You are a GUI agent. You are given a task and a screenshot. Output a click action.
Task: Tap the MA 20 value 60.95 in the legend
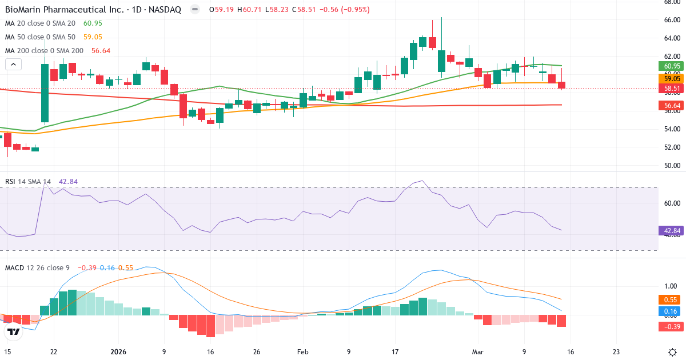[x=93, y=23]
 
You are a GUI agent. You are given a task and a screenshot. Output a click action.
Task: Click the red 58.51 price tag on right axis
[x=672, y=89]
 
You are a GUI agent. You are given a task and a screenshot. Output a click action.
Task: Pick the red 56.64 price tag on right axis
[x=672, y=106]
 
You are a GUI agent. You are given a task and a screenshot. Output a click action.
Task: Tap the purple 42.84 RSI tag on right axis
[x=672, y=231]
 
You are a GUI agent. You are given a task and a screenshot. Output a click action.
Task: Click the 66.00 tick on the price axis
[x=671, y=20]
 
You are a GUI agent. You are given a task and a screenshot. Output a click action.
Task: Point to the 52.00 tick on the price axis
[x=671, y=147]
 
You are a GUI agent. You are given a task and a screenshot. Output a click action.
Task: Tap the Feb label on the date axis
[x=304, y=351]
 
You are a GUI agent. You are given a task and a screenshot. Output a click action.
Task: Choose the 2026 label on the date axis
[x=118, y=351]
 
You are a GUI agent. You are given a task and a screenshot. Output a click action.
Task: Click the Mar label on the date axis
[x=478, y=351]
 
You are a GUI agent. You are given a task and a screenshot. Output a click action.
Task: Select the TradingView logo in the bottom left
[x=14, y=331]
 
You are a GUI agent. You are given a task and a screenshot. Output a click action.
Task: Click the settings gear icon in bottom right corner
[x=672, y=351]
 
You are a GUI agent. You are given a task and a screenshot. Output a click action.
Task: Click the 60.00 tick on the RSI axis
[x=671, y=203]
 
